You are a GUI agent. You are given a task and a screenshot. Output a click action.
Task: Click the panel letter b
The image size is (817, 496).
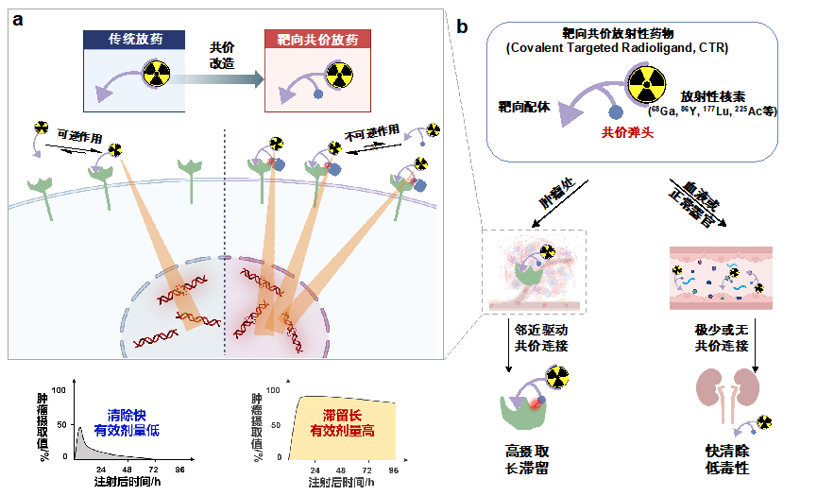pos(463,26)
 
